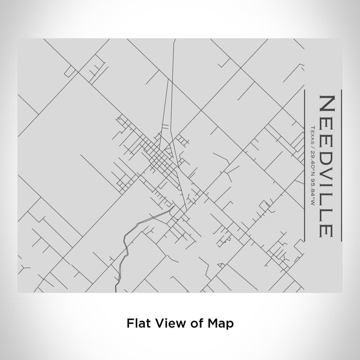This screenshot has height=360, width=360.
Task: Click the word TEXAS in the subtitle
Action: [312, 135]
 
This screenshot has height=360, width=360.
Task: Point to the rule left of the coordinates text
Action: [305, 165]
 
